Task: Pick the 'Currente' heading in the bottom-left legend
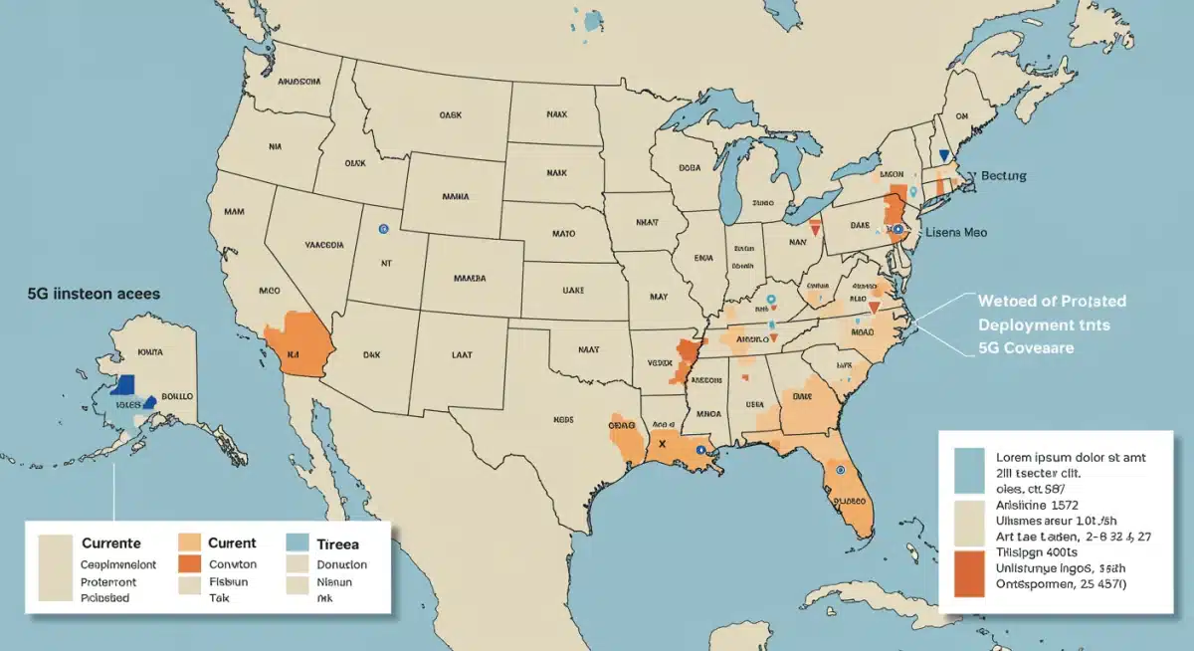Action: [111, 543]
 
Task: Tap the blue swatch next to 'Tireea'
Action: [297, 543]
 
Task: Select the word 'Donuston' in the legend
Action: [341, 564]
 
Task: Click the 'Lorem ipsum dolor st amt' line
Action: [1073, 458]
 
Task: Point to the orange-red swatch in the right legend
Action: [968, 574]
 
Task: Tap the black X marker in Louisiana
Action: [661, 446]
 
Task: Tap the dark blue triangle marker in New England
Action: [944, 156]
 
